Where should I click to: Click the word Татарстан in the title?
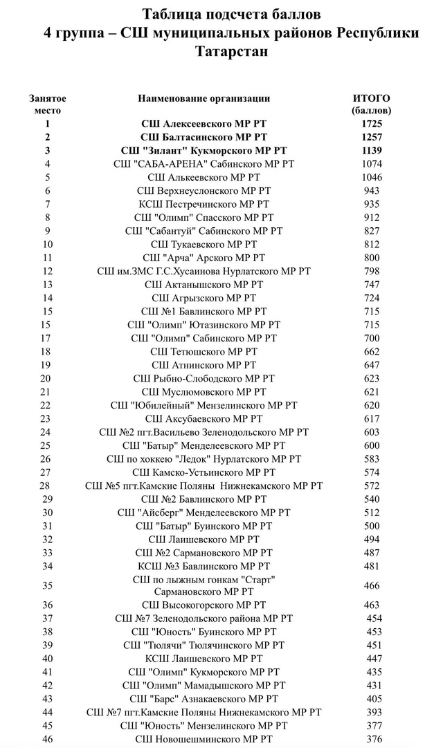pos(231,52)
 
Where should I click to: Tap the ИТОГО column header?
pos(371,98)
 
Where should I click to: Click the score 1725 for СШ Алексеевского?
pos(371,124)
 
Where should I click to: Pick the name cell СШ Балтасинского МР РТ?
pos(204,137)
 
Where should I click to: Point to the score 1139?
pos(371,150)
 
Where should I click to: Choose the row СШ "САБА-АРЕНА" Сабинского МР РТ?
pos(204,163)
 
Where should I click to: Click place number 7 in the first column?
pos(47,204)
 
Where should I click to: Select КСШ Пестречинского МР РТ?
pos(204,204)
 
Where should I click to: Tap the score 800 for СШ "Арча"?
pos(371,257)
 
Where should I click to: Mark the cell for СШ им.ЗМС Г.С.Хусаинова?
pos(204,270)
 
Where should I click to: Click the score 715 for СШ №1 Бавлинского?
pos(371,311)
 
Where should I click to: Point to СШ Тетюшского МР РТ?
pos(204,351)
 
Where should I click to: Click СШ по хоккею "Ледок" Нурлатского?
pos(204,458)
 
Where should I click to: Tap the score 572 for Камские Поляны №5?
pos(371,486)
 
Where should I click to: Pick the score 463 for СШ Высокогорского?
pos(371,605)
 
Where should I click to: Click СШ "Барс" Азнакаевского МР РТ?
pos(204,699)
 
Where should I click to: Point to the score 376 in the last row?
pos(374,739)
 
